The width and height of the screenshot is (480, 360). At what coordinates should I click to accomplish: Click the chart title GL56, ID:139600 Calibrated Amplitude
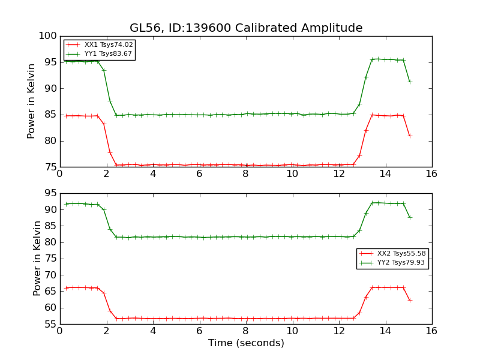click(246, 28)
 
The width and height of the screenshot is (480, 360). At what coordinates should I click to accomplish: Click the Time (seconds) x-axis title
click(246, 343)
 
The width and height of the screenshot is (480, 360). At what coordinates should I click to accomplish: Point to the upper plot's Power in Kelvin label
click(32, 101)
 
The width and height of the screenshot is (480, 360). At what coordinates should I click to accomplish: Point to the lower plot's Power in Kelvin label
click(37, 258)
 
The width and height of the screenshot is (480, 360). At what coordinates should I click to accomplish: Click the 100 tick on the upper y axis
click(47, 36)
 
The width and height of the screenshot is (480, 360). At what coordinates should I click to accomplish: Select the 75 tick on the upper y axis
click(50, 167)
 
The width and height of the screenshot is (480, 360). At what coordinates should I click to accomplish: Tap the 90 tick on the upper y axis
click(50, 89)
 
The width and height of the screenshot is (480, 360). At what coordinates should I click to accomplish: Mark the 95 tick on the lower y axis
click(50, 193)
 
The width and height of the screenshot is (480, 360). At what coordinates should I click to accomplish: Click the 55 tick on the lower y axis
click(50, 325)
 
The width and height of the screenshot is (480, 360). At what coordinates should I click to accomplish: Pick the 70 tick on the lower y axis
click(50, 275)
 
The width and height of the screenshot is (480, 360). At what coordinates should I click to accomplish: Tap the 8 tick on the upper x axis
click(246, 174)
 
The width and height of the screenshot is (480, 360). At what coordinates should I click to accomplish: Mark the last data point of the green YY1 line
click(410, 82)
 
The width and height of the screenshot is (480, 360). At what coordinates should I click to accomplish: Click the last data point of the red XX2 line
click(410, 300)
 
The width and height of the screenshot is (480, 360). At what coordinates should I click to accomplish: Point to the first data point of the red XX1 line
click(66, 116)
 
